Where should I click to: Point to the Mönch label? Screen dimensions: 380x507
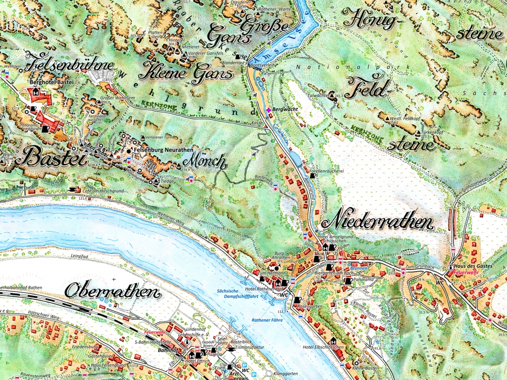pos(205,161)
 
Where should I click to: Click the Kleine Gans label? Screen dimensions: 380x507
pos(186,73)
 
